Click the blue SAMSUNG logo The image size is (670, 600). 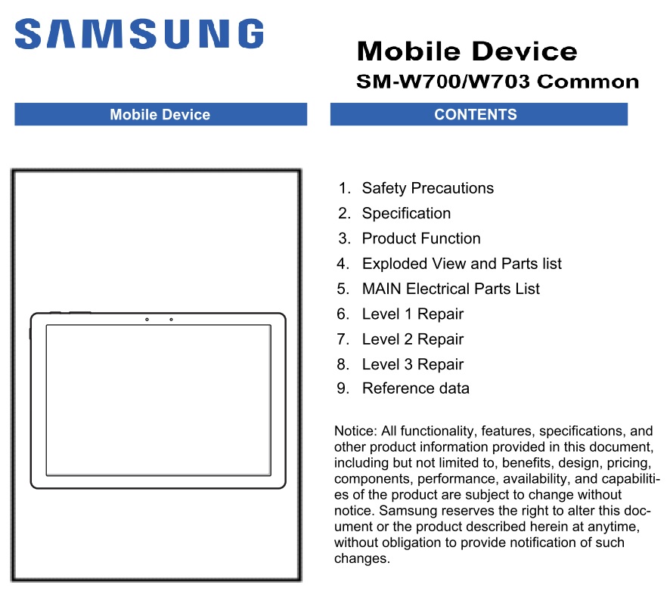pos(139,33)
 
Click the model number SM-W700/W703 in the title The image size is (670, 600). pos(443,81)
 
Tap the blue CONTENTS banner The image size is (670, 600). pos(479,114)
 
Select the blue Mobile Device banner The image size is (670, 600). pos(160,114)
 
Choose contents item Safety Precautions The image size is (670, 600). pos(428,188)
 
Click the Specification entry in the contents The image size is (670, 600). pos(406,213)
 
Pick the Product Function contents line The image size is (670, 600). pos(421,238)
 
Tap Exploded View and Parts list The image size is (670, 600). pos(462,264)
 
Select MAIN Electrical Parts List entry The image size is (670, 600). pos(451,289)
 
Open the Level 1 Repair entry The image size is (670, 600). pos(413,314)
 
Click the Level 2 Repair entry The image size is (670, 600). pos(413,339)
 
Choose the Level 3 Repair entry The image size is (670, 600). pos(413,364)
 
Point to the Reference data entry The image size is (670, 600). pos(416,388)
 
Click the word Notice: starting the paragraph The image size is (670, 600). pos(355,431)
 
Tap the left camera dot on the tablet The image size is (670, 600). pos(147,320)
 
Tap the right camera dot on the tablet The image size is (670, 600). pos(172,320)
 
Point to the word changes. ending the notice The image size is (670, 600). pos(362,558)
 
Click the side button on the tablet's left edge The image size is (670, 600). pos(30,334)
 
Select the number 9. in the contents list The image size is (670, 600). pos(343,388)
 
